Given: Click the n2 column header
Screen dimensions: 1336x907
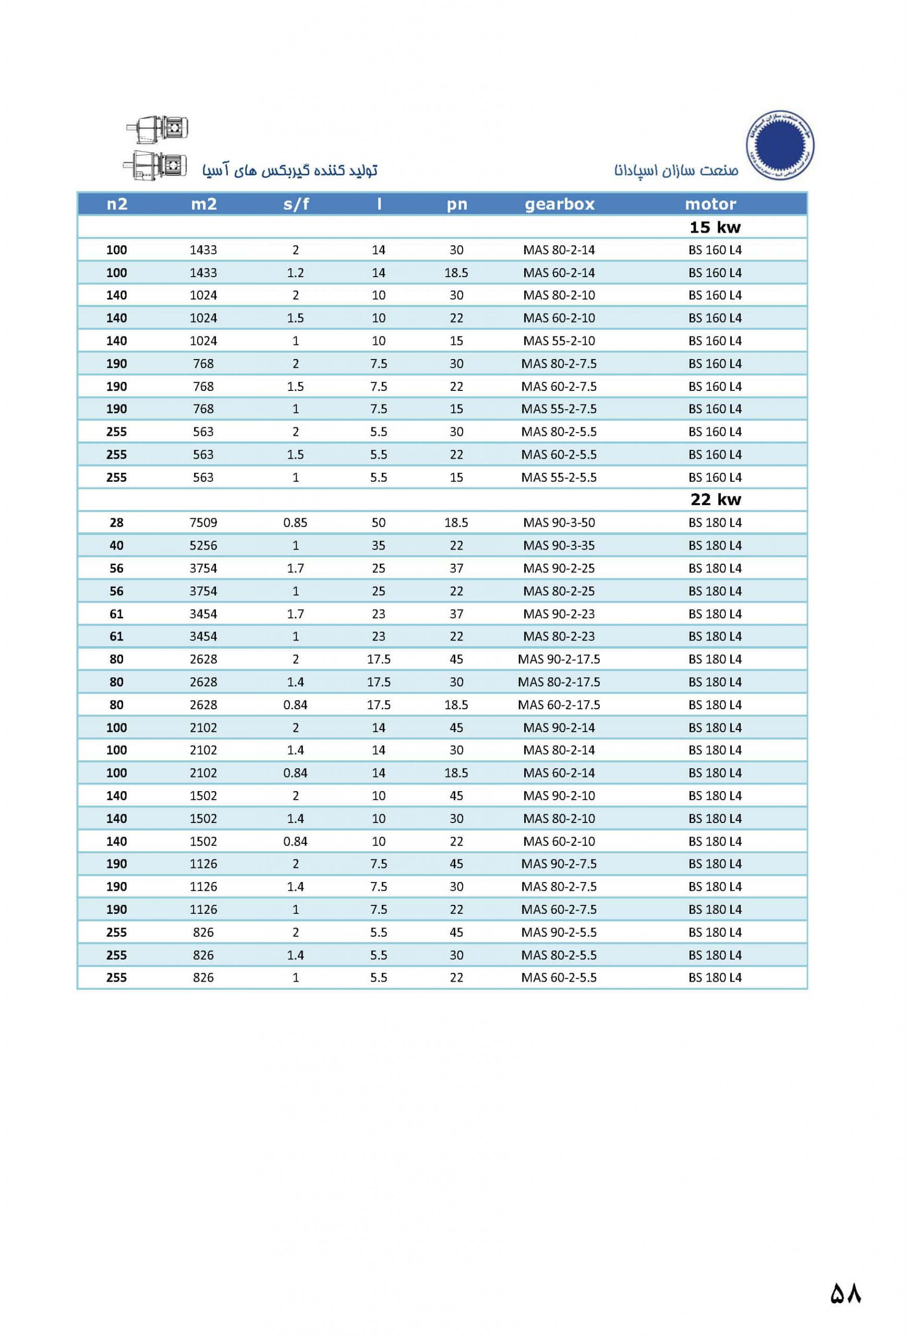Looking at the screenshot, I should point(117,204).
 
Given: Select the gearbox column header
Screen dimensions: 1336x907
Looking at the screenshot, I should point(559,204).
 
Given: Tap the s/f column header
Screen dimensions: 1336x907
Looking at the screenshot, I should point(296,204).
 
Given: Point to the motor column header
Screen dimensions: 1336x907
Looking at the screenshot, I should point(710,204).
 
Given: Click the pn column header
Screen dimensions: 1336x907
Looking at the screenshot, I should point(457,204).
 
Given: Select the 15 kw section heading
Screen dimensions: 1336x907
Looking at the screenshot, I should point(715,227).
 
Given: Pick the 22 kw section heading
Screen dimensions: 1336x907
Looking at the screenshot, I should point(715,499).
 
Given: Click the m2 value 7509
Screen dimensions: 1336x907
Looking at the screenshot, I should point(203,522).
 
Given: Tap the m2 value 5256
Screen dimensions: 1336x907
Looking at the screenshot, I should point(203,545).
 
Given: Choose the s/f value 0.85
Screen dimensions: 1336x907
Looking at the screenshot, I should point(295,522).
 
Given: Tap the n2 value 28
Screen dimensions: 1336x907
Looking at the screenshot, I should point(117,522).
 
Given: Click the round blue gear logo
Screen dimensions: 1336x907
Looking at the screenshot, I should point(780,145).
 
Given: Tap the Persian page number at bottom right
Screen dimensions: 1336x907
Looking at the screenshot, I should point(845,1293).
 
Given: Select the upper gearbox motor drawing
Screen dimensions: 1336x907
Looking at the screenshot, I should point(159,128).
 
